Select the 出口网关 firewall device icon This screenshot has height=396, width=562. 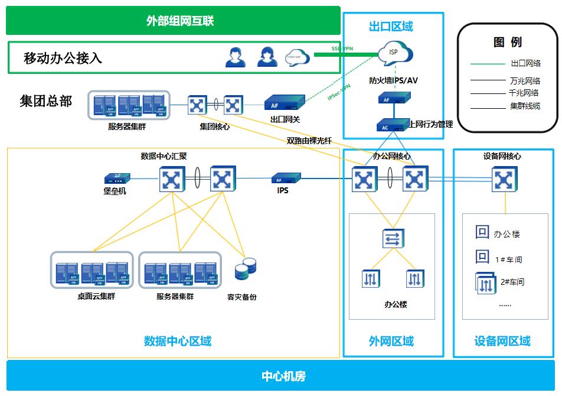285,104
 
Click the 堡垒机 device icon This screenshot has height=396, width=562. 116,178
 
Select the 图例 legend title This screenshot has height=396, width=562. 507,42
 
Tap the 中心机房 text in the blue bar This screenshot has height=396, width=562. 283,376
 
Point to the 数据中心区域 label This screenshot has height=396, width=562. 177,340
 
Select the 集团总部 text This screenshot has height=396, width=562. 45,102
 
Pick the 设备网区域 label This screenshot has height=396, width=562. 502,341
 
